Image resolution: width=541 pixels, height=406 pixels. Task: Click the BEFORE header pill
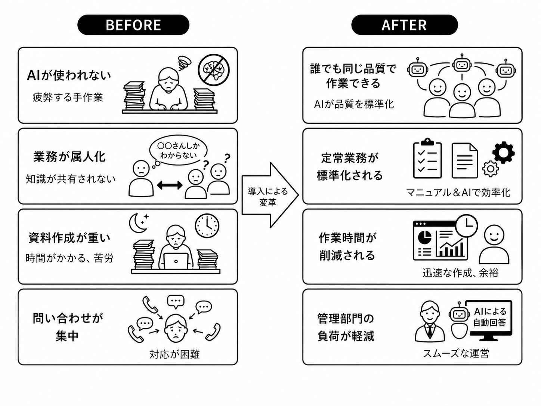pyautogui.click(x=133, y=25)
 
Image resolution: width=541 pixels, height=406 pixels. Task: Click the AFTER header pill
pyautogui.click(x=404, y=25)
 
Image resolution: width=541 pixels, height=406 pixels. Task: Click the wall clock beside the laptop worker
pyautogui.click(x=207, y=226)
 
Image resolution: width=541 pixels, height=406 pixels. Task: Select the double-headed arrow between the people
pyautogui.click(x=169, y=185)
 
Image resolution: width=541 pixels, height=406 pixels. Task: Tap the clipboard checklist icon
pyautogui.click(x=427, y=160)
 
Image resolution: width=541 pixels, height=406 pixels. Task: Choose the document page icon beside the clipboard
pyautogui.click(x=464, y=161)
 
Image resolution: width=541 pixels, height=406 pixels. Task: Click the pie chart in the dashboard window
pyautogui.click(x=424, y=237)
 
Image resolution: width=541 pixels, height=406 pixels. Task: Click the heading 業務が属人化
pyautogui.click(x=69, y=157)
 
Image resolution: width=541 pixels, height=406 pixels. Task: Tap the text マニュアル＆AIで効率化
pyautogui.click(x=458, y=193)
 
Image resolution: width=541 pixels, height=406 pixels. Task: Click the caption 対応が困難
pyautogui.click(x=174, y=354)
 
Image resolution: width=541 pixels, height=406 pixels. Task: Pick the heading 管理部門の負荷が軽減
pyautogui.click(x=346, y=327)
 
